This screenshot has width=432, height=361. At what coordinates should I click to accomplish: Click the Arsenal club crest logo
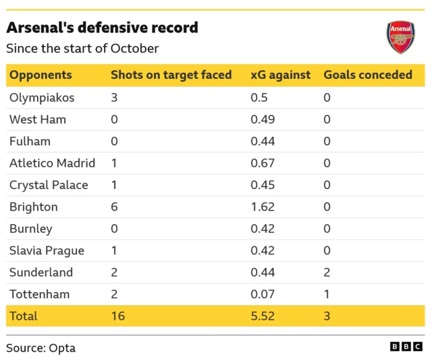[x=400, y=37]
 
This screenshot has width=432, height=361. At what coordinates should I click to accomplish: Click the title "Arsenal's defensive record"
[x=102, y=28]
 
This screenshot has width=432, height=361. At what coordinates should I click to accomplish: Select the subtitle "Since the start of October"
[x=82, y=49]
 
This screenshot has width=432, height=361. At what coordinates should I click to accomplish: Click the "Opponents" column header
[x=40, y=75]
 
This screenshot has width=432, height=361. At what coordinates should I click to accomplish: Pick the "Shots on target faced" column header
[x=171, y=75]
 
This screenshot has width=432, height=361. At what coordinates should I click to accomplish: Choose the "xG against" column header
[x=280, y=75]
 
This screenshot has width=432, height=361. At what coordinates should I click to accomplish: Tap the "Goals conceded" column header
[x=368, y=75]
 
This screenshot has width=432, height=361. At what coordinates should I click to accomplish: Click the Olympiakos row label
[x=42, y=97]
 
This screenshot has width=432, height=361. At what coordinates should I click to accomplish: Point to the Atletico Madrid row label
[x=52, y=163]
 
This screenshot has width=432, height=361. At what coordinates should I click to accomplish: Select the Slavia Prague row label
[x=47, y=250]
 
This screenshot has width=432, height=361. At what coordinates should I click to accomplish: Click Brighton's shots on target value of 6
[x=114, y=206]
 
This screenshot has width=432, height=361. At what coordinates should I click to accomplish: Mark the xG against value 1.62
[x=262, y=206]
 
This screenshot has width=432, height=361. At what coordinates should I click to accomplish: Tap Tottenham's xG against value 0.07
[x=262, y=294]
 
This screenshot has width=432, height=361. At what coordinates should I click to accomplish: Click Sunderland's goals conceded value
[x=327, y=273]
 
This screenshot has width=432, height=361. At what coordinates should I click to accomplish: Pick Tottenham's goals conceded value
[x=327, y=294]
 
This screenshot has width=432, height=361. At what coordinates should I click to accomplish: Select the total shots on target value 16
[x=117, y=316]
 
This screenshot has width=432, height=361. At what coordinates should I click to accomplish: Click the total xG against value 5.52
[x=262, y=316]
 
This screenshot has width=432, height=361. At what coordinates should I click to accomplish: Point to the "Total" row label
[x=24, y=316]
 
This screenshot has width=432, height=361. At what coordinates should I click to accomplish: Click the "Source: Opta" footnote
[x=41, y=348]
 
